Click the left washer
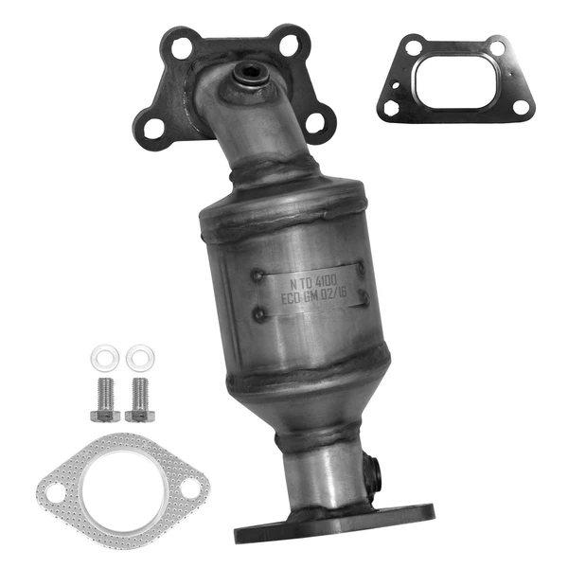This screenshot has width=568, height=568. (x=102, y=357)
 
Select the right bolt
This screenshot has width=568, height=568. (x=139, y=397)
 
